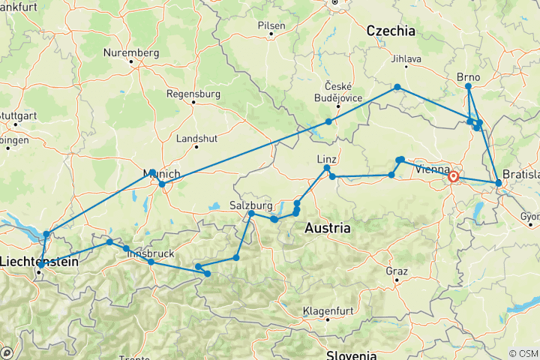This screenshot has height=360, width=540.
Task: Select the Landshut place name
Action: coord(196,139)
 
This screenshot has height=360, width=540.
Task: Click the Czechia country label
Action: coord(389,31)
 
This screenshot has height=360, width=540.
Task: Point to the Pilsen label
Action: coord(271,25)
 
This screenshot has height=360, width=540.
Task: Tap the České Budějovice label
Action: coord(343,92)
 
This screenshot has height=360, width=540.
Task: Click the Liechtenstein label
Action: coord(37,261)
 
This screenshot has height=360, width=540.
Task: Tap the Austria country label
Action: coord(328,227)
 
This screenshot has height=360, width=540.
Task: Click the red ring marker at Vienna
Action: coord(454,177)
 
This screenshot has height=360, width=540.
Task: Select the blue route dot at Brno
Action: coord(468,86)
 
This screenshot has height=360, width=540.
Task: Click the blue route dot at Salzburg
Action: coord(252,214)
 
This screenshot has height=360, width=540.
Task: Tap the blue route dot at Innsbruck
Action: coord(151,262)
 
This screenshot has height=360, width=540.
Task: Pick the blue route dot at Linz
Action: coord(327,168)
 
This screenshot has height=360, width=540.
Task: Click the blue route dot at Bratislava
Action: coord(498,182)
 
